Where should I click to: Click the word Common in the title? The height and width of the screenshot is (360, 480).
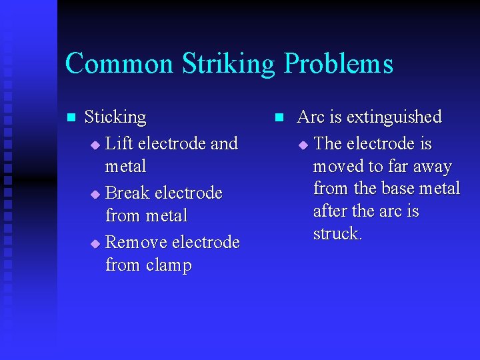coord(117,64)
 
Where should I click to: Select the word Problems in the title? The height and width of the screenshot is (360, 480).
coord(339,64)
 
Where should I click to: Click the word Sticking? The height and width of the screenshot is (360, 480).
coord(115,117)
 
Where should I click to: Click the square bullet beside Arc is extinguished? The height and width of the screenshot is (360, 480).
coord(280,118)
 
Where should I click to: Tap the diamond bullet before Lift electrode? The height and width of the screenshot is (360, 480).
coord(95,145)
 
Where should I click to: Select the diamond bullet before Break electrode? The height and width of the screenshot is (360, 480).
coord(95,194)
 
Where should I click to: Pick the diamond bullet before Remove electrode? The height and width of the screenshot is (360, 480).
coord(95,243)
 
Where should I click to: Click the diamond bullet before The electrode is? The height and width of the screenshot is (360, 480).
coord(303,145)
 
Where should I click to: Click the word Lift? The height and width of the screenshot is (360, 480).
coord(118,143)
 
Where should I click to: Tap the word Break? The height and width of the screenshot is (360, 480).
coord(127,193)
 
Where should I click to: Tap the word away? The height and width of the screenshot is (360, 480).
coord(432,167)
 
